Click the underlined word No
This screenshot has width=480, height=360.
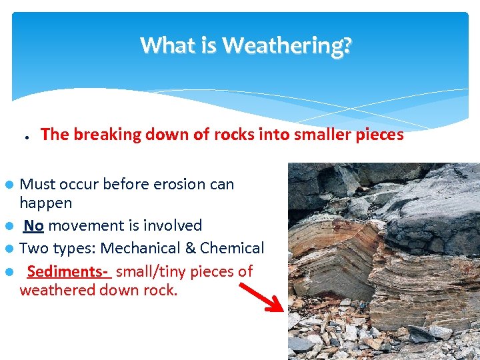[x=34, y=226]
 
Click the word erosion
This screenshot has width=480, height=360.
[x=161, y=184]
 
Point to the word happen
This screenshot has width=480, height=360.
[x=46, y=203]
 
